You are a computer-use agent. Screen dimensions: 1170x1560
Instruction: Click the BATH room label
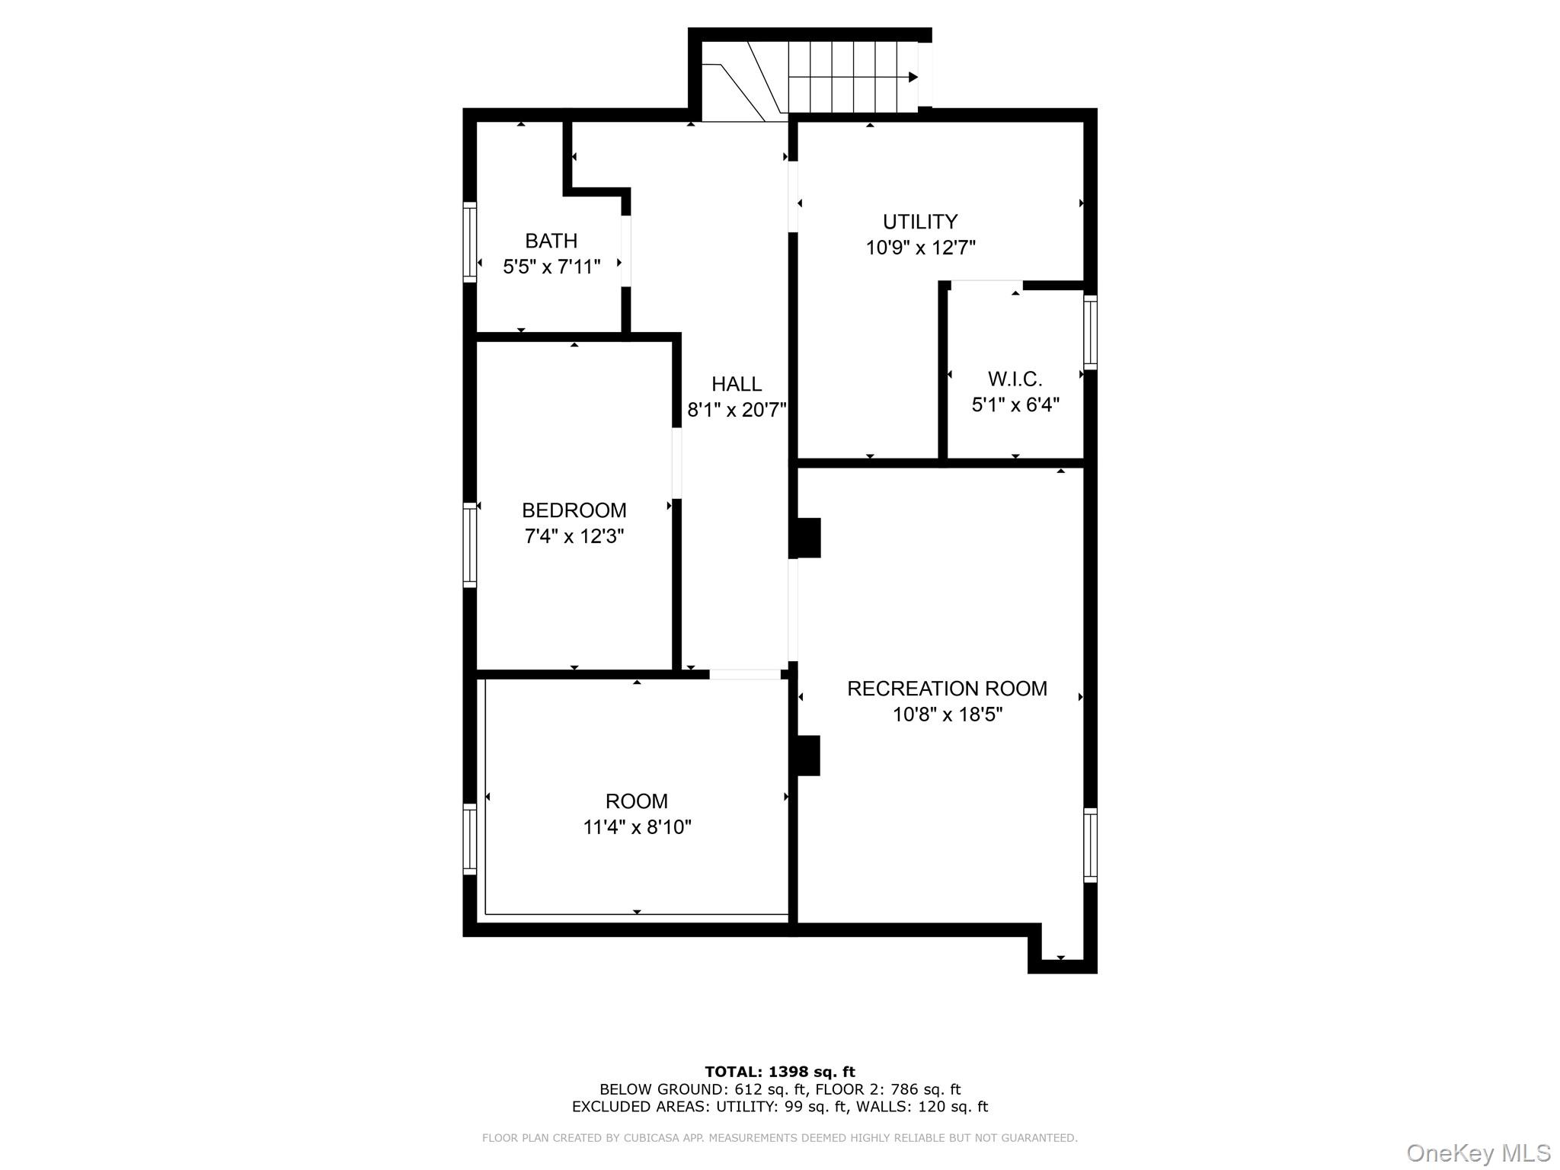point(551,241)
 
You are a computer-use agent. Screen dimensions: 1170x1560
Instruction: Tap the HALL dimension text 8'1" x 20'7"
point(737,411)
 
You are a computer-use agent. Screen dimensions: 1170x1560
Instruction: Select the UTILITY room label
point(920,222)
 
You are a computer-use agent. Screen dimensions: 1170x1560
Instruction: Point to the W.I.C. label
point(1015,379)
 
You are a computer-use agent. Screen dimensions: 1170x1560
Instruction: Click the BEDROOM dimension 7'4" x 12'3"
point(574,536)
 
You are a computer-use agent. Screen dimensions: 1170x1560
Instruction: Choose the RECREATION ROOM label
point(947,689)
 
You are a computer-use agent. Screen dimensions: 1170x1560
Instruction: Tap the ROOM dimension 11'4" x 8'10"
point(637,827)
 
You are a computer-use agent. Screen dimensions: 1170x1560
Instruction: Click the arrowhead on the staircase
point(913,77)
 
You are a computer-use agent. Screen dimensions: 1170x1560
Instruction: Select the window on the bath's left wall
point(470,242)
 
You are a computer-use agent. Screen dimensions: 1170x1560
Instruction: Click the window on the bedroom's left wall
point(470,547)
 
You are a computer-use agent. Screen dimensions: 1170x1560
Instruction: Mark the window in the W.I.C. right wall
point(1091,333)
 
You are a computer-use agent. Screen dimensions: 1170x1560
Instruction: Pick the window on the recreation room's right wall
point(1091,846)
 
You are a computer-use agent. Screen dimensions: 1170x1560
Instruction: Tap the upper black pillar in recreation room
point(805,538)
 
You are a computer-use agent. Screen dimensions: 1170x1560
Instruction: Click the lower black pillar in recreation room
point(805,756)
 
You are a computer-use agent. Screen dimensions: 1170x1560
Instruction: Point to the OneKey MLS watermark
point(1478,1152)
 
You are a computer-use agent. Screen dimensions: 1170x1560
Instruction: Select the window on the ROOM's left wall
point(470,839)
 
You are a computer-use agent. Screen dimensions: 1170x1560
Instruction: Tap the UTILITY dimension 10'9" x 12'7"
point(920,248)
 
